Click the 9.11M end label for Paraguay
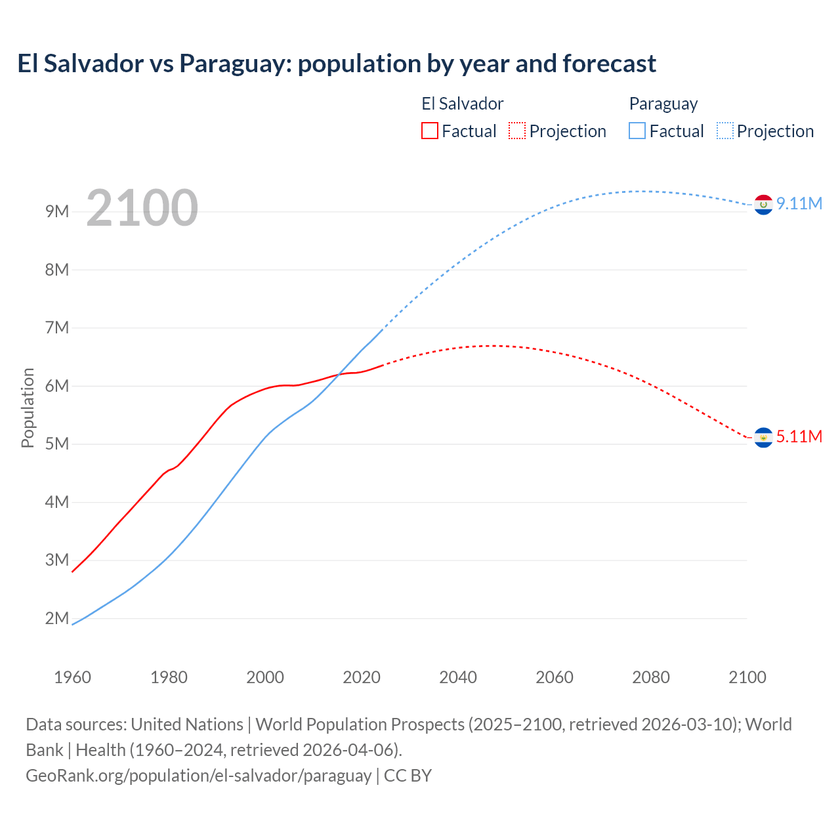pyautogui.click(x=799, y=203)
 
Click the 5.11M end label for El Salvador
pyautogui.click(x=799, y=436)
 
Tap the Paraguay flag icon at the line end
pyautogui.click(x=763, y=205)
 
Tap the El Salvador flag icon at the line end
pyautogui.click(x=763, y=437)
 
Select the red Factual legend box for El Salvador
pyautogui.click(x=430, y=131)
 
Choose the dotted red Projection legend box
pyautogui.click(x=517, y=131)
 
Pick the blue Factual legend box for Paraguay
pyautogui.click(x=637, y=131)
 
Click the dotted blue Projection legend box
pyautogui.click(x=724, y=131)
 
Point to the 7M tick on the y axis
pyautogui.click(x=57, y=327)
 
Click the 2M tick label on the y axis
pyautogui.click(x=57, y=618)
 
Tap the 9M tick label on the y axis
pyautogui.click(x=57, y=211)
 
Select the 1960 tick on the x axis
pyautogui.click(x=72, y=677)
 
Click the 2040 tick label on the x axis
pyautogui.click(x=458, y=677)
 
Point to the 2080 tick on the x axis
pyautogui.click(x=651, y=677)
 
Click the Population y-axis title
pyautogui.click(x=28, y=408)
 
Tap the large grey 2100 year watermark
pyautogui.click(x=142, y=208)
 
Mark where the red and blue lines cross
pyautogui.click(x=339, y=374)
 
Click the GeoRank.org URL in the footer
pyautogui.click(x=198, y=775)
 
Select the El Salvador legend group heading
pyautogui.click(x=462, y=104)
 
